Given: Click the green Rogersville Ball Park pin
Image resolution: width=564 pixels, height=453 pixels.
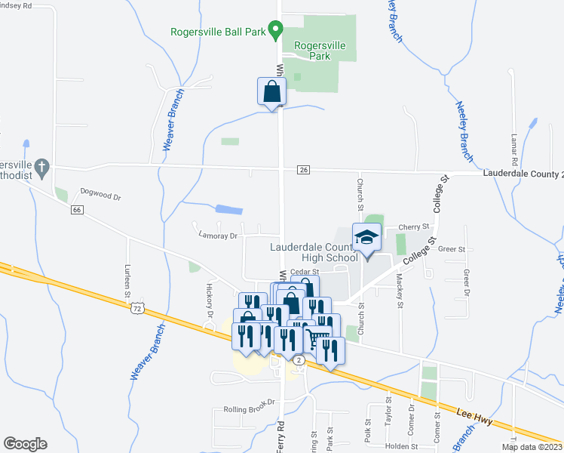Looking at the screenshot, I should coord(275,31).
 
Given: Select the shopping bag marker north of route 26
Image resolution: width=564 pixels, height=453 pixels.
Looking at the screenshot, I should coord(271,93).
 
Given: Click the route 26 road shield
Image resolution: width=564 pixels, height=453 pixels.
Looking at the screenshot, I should coord(303,171).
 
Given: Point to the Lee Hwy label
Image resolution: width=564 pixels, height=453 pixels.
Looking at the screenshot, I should coord(474,416).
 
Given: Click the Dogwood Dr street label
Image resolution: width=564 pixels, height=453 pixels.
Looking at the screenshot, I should coord(100,196).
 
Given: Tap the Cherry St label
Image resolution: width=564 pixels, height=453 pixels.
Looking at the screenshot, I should coord(413,226).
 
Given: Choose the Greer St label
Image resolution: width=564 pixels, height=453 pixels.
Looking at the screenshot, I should coord(452,248).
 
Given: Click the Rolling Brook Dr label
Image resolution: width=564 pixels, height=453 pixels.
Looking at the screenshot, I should coord(250,410).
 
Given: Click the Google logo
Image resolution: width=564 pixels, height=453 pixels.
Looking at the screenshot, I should coord(25,444).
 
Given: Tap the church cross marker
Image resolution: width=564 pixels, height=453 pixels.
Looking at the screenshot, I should coord(43,166).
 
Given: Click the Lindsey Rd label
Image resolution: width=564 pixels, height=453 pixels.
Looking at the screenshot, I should coord(16,5).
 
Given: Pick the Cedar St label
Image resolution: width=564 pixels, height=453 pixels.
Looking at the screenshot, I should coord(305,272).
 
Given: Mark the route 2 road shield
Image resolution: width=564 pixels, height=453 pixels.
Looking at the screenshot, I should coord(299,361).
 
